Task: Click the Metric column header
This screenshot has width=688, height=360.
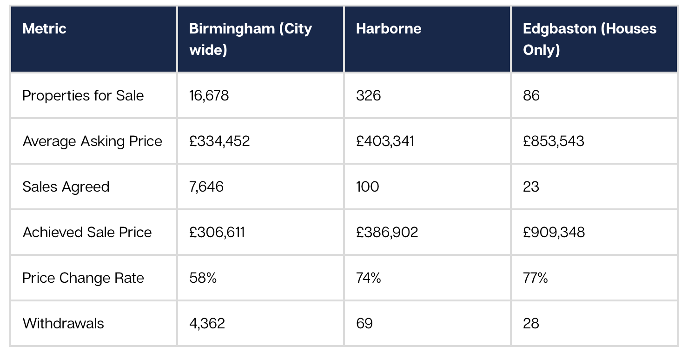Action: click(x=45, y=29)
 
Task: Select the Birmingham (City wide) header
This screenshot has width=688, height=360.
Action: click(x=250, y=39)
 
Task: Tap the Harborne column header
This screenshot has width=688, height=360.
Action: click(x=389, y=29)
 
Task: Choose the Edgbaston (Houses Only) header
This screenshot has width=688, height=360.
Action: click(x=589, y=39)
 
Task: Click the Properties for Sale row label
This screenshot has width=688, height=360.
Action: click(x=83, y=96)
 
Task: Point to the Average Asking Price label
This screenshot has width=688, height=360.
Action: click(x=93, y=141)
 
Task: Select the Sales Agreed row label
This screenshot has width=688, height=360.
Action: click(x=66, y=187)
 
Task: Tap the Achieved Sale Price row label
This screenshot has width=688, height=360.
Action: click(x=87, y=233)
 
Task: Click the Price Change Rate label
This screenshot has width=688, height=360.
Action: click(x=83, y=278)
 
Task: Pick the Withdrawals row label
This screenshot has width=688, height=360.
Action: click(x=63, y=324)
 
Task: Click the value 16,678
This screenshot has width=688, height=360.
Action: click(x=209, y=96)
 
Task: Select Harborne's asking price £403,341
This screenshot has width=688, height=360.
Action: click(x=385, y=141)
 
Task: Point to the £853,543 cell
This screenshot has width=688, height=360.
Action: click(x=553, y=141)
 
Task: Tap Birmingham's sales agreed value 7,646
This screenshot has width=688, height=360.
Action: click(x=206, y=187)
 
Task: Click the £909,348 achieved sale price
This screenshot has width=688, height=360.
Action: click(x=554, y=233)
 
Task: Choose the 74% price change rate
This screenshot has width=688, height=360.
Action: click(x=369, y=278)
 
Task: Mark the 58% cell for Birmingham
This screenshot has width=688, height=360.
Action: click(x=203, y=278)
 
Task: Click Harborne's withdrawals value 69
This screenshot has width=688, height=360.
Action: click(x=364, y=324)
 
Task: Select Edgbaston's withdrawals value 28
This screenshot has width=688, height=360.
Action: click(x=531, y=324)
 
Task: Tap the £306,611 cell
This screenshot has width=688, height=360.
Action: click(x=217, y=233)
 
